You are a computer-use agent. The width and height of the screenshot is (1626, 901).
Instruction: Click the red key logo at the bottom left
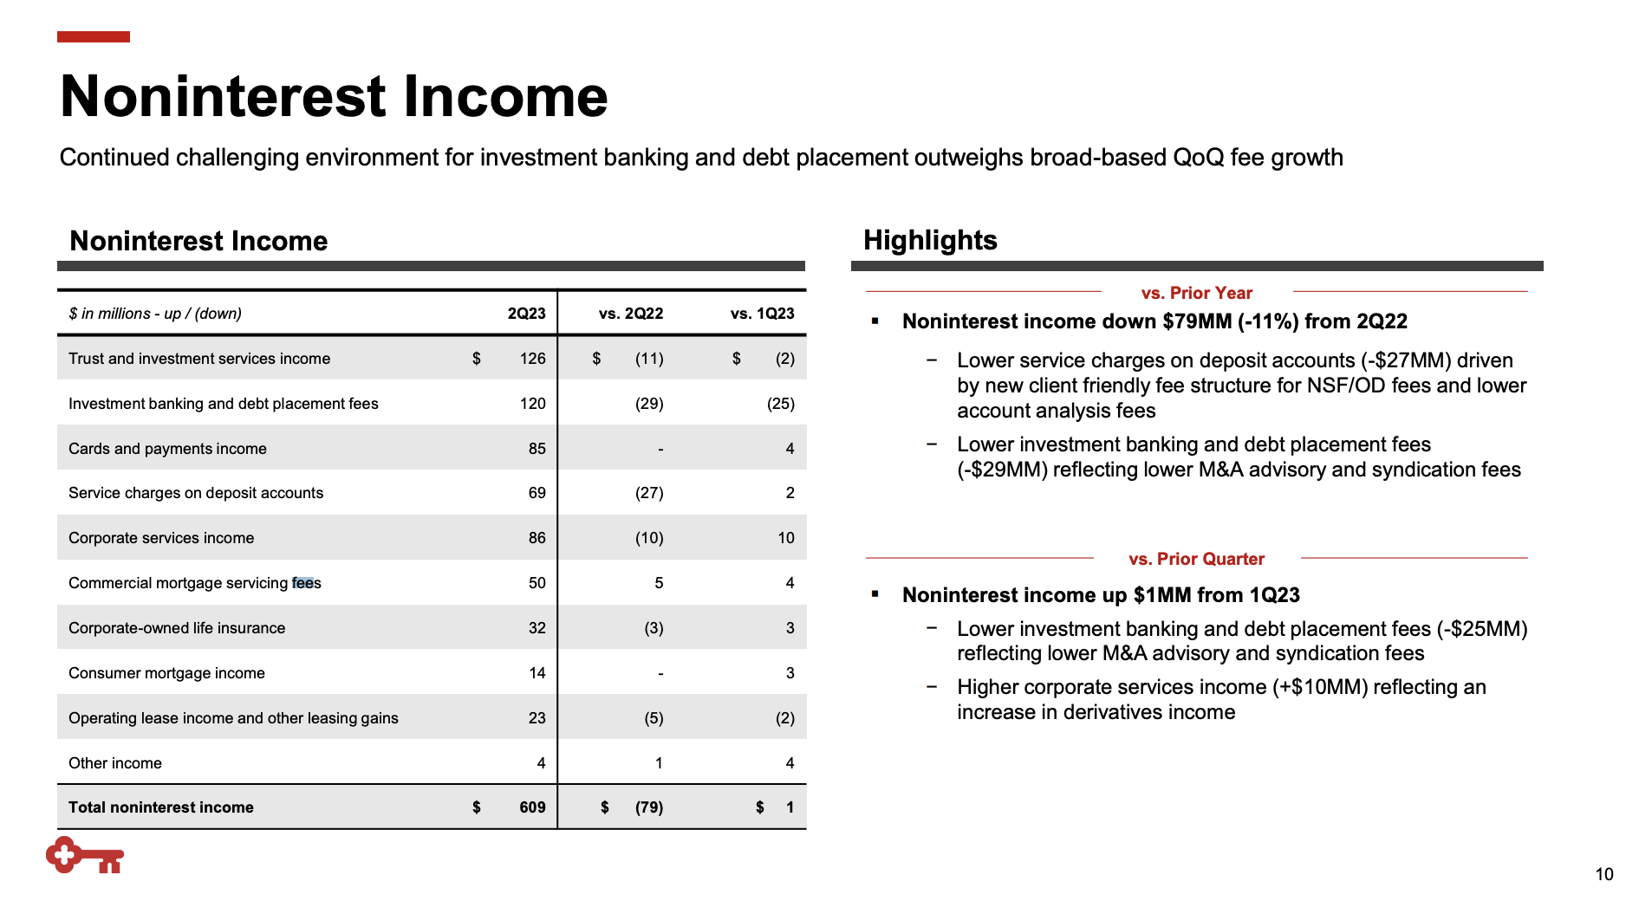(84, 855)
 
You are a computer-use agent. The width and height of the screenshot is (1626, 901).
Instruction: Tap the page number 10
(1603, 874)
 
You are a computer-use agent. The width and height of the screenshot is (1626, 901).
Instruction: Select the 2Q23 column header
(526, 314)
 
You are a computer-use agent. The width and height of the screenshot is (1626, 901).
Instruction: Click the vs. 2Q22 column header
(630, 314)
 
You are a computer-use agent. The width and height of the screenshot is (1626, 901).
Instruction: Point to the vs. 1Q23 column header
(762, 314)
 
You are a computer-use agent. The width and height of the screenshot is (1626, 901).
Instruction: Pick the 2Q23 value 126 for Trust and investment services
(532, 359)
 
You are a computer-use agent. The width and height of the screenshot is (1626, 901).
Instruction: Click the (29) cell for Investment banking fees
(649, 404)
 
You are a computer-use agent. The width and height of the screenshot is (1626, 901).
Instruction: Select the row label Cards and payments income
(167, 449)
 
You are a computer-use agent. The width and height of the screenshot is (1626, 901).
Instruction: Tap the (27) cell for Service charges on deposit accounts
(649, 493)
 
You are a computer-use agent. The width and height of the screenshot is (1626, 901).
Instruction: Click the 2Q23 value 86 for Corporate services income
(537, 538)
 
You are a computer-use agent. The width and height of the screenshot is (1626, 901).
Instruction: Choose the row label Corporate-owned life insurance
(177, 628)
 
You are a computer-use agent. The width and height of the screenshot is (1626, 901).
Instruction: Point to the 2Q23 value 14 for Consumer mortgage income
(537, 673)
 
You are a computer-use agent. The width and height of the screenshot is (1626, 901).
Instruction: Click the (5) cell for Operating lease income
(654, 718)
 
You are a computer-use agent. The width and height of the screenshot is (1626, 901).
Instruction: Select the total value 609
(532, 807)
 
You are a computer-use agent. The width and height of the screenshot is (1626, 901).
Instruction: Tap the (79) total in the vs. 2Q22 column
(648, 807)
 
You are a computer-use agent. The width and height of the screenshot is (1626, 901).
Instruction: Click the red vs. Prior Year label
(1196, 293)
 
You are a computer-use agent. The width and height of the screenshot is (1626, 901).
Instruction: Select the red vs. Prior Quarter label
(1196, 559)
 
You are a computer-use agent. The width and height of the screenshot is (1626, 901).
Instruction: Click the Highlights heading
(930, 240)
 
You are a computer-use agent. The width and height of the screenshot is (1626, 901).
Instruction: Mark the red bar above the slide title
(94, 36)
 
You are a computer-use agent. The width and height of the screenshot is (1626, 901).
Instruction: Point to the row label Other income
(115, 763)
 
